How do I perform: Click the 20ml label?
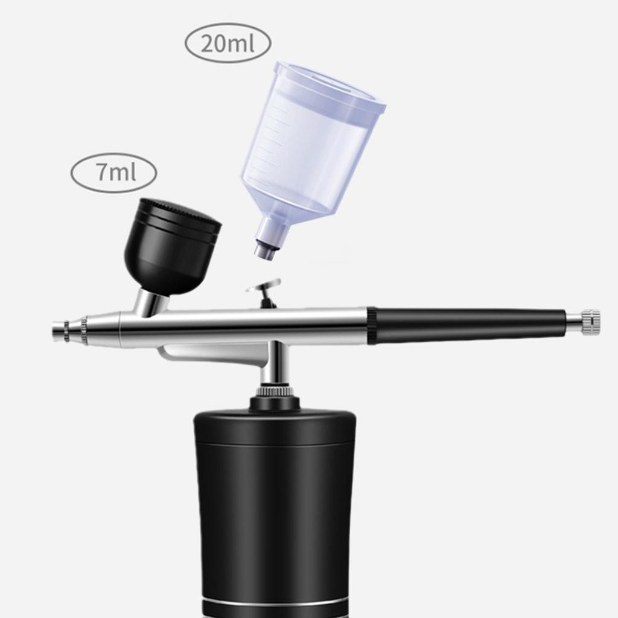click(x=228, y=43)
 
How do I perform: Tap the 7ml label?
click(x=114, y=173)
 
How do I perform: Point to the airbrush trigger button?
click(x=264, y=285)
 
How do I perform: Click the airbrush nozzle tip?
click(x=59, y=331)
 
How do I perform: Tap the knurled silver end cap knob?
click(x=590, y=322)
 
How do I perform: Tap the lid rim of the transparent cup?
click(x=329, y=91)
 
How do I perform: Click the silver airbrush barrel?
click(x=241, y=326)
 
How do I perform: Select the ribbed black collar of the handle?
click(x=372, y=326)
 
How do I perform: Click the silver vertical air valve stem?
click(x=275, y=365)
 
